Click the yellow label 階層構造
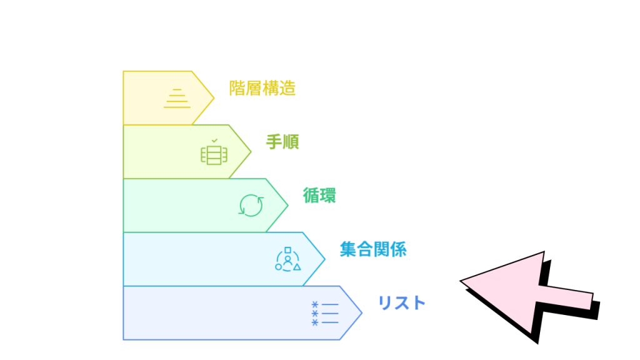coord(262,88)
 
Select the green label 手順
coord(282,142)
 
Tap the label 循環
coord(319,196)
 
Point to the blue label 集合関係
coord(373,249)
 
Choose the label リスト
coord(402,303)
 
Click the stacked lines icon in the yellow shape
coord(177,98)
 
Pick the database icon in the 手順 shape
coord(214,155)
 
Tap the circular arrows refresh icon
coord(251,205)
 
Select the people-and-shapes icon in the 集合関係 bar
coord(287,259)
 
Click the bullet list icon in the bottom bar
coord(325,314)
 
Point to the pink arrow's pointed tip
coord(461,281)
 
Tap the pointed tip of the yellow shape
coord(214,98)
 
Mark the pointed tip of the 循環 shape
coord(288,205)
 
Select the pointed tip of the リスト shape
coord(362,313)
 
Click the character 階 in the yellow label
coord(237,88)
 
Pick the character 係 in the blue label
coord(398,249)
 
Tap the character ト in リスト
coord(418,303)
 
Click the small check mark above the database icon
coord(215,141)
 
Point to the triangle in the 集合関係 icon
coord(297,267)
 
